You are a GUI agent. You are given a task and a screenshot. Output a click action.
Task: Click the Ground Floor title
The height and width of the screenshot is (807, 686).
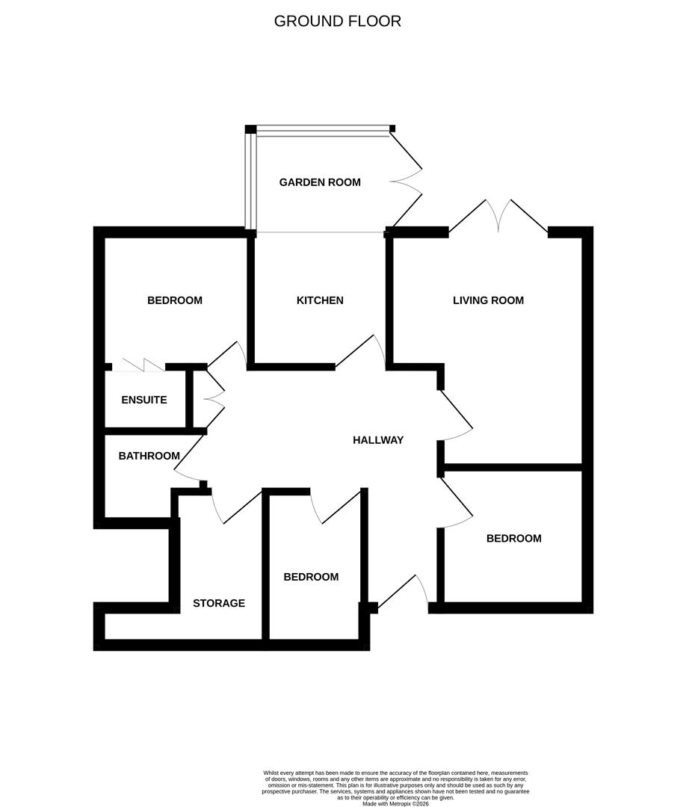(337, 21)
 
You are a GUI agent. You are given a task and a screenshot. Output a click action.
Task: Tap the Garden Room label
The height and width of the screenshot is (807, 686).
(320, 182)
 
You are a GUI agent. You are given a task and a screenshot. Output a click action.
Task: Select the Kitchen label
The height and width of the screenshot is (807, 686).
(320, 300)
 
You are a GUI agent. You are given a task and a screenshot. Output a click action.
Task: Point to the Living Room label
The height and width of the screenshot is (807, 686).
(488, 300)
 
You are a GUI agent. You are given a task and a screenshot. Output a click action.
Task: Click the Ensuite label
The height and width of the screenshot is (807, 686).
(144, 400)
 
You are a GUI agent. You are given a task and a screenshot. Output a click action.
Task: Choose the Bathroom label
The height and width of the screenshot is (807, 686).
(149, 456)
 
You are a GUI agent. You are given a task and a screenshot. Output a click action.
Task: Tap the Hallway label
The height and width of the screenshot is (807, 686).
(378, 440)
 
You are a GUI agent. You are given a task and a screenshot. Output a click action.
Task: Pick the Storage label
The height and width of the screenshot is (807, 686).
(219, 603)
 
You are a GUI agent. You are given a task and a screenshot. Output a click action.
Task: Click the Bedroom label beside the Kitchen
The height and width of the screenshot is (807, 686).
(175, 300)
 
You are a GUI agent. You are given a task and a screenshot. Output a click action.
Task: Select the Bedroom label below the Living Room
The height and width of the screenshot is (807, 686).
(513, 539)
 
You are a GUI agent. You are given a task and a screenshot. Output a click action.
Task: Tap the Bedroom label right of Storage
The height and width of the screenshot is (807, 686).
(311, 577)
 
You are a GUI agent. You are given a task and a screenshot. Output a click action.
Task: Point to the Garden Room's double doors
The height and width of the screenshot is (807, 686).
(407, 180)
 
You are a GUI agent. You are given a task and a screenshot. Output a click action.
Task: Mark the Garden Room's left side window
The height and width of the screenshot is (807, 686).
(251, 182)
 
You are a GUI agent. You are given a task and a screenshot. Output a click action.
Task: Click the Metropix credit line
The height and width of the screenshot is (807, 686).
(396, 803)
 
